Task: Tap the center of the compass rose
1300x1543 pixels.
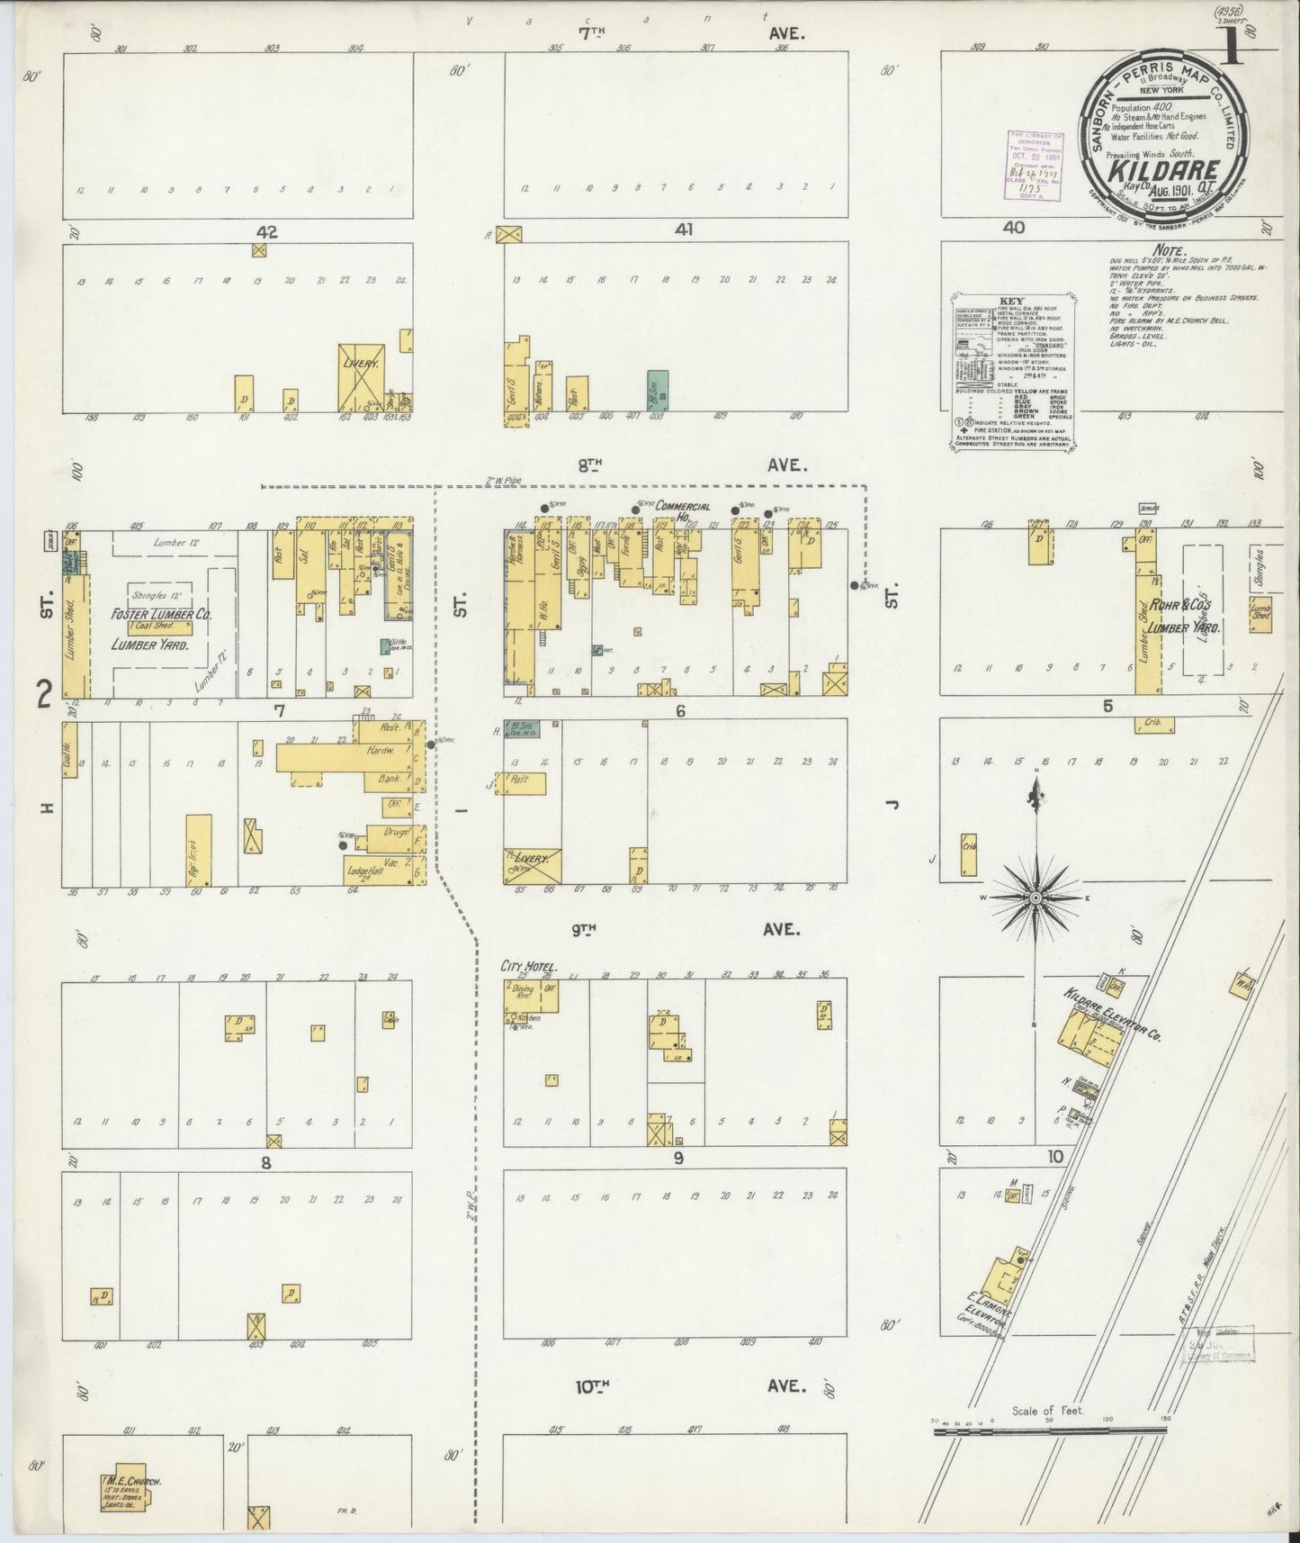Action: (1036, 898)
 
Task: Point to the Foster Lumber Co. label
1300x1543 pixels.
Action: (161, 615)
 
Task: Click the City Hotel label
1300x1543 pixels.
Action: (530, 967)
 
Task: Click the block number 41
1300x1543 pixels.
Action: (684, 230)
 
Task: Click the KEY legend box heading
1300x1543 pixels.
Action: (1011, 302)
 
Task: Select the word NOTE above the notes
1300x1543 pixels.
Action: (1167, 251)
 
